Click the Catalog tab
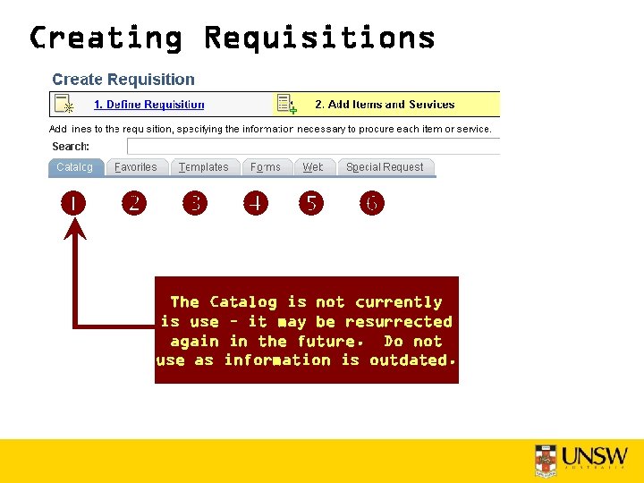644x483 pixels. pyautogui.click(x=74, y=167)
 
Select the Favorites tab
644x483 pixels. pyautogui.click(x=135, y=167)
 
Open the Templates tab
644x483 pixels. pyautogui.click(x=203, y=167)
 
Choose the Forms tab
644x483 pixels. pyautogui.click(x=266, y=167)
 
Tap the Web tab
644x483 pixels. pyautogui.click(x=313, y=167)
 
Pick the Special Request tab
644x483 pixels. pyautogui.click(x=385, y=167)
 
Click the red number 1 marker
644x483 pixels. pyautogui.click(x=73, y=203)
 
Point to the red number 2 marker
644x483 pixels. pyautogui.click(x=133, y=203)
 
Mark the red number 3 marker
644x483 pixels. pyautogui.click(x=194, y=203)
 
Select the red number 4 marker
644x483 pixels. pyautogui.click(x=256, y=203)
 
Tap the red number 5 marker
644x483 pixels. pyautogui.click(x=310, y=203)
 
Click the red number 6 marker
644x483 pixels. pyautogui.click(x=372, y=203)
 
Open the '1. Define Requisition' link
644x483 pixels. pyautogui.click(x=148, y=105)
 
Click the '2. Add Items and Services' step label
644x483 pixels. pyautogui.click(x=385, y=105)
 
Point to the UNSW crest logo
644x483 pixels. pyautogui.click(x=546, y=461)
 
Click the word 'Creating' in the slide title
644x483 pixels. pyautogui.click(x=106, y=38)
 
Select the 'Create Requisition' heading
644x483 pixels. pyautogui.click(x=123, y=80)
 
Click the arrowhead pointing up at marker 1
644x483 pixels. pyautogui.click(x=75, y=230)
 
